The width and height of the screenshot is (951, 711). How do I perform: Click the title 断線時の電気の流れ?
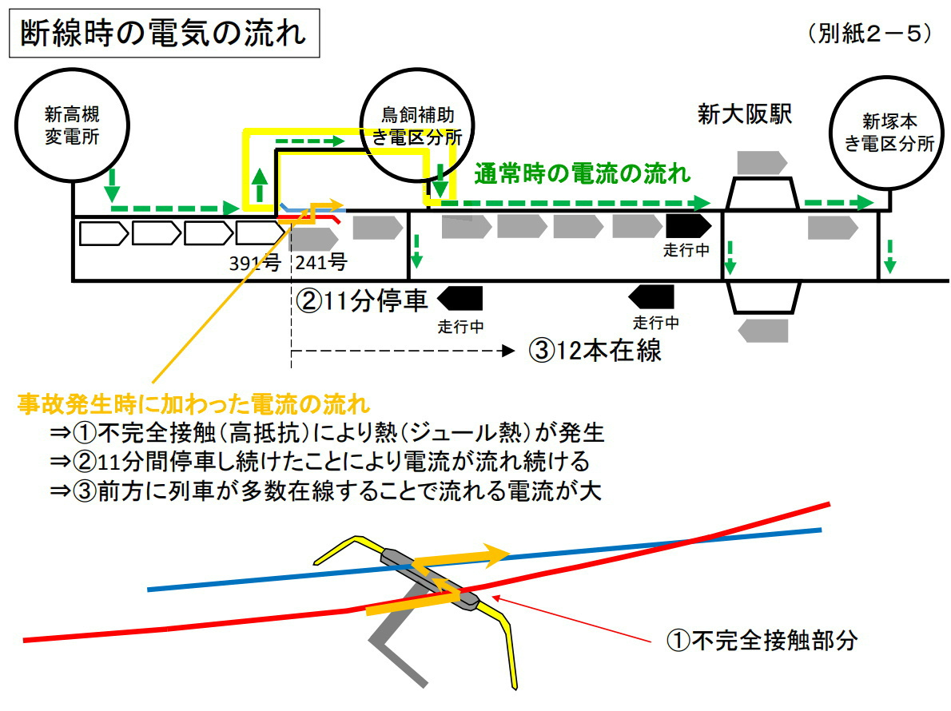coord(164,33)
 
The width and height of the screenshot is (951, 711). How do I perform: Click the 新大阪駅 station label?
coord(745,114)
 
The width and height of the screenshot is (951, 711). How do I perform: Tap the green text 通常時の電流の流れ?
coord(583,174)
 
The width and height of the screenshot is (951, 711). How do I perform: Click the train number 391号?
coord(255,263)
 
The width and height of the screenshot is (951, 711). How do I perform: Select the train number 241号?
coord(321,262)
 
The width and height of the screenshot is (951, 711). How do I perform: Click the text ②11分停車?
coord(362,300)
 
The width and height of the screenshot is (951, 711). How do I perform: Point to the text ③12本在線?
coord(595,351)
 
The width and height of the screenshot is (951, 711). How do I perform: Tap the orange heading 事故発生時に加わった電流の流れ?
coord(193,403)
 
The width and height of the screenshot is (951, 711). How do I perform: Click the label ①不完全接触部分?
coord(762,640)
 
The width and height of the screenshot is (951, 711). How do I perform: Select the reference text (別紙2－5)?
coord(869,34)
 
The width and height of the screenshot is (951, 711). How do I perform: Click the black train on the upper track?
coord(688,226)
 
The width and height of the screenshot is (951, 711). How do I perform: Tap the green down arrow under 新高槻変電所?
coord(112,185)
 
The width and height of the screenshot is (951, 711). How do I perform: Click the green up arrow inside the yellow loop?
coord(260,185)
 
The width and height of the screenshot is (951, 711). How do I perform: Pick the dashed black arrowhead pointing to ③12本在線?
coord(508,351)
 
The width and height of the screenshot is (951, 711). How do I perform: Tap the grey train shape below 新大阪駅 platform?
coord(763,331)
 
